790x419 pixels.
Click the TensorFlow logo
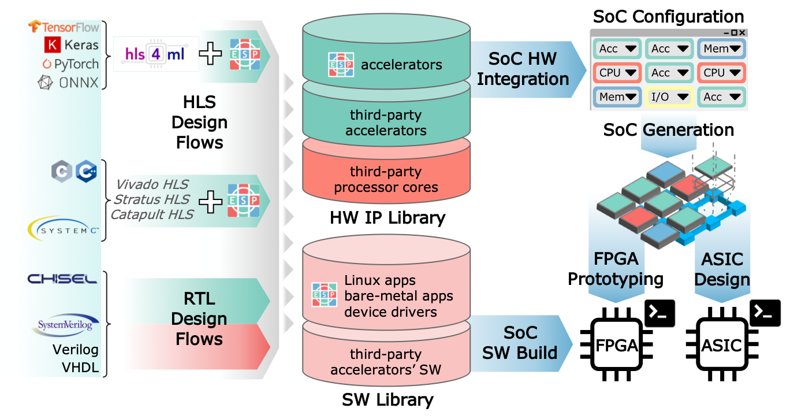tap(64, 27)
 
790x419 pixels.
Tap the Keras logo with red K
tap(72, 45)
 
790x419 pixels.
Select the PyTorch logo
tap(70, 64)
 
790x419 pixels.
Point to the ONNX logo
tap(68, 83)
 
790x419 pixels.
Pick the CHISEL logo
tap(62, 279)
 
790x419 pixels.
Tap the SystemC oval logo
tap(64, 229)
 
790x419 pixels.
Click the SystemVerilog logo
tap(64, 325)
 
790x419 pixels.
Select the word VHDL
tap(80, 368)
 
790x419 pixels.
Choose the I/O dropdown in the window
tap(669, 97)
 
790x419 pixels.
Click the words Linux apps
tap(380, 281)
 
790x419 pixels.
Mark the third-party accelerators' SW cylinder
tap(386, 361)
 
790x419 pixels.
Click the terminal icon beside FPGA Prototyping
tap(659, 313)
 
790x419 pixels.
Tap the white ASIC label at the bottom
tap(722, 346)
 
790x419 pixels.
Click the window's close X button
tap(742, 33)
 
